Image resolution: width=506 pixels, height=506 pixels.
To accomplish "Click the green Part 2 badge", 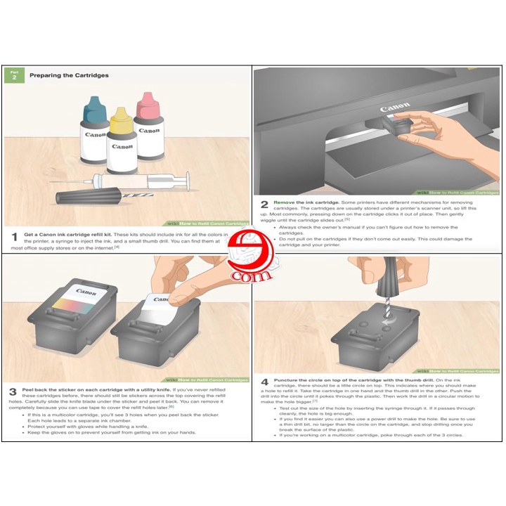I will click(x=13, y=75).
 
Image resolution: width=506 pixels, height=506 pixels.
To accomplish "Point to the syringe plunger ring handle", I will click(x=186, y=181).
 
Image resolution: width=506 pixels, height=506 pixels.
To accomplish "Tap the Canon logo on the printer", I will click(x=394, y=109).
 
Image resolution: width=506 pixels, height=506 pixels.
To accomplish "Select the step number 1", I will click(x=14, y=238).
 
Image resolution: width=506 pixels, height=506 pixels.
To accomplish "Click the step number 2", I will click(x=264, y=205).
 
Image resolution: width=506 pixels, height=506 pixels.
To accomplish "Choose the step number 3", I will click(x=13, y=391).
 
